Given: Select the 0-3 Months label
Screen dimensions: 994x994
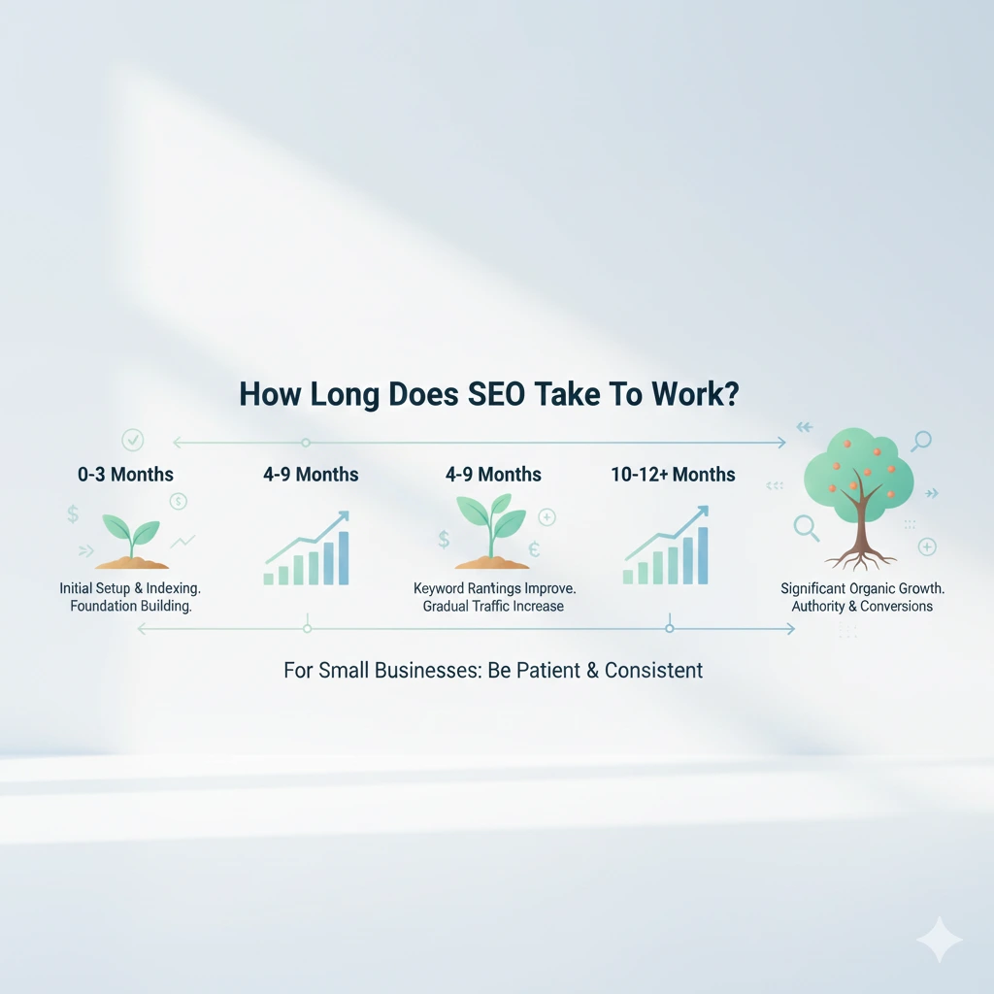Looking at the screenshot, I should coord(125,475).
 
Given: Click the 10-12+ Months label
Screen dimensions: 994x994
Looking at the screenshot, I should coord(673,475).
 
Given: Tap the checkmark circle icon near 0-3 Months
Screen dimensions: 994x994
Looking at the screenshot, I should coord(135,440).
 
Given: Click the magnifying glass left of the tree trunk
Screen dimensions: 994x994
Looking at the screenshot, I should coord(806,527).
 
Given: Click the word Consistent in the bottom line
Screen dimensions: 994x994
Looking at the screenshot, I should coord(653,671).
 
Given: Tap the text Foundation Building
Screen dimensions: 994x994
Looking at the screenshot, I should coord(132,607).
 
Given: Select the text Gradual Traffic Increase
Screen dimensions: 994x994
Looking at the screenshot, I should coord(493,607).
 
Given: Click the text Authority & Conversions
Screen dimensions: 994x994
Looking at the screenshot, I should coord(862,607).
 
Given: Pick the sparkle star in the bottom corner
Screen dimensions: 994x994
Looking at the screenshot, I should coord(939,939).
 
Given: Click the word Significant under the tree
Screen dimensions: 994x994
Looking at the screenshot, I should coord(819,588).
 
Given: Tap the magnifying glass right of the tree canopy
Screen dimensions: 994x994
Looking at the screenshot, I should coord(920,442).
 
